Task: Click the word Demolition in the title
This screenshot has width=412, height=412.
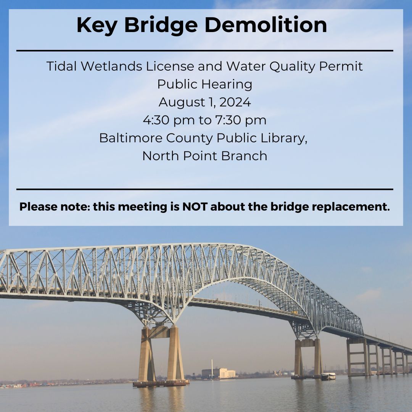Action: tap(266, 25)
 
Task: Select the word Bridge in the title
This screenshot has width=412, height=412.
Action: tap(161, 26)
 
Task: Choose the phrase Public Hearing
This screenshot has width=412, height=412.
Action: tap(205, 84)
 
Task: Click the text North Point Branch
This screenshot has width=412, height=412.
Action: tap(205, 156)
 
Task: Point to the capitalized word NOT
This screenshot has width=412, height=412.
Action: tap(195, 207)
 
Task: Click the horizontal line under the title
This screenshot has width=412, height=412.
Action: tap(205, 50)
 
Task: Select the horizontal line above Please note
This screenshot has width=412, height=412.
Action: tap(205, 189)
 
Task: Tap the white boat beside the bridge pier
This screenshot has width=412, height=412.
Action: tap(328, 376)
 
